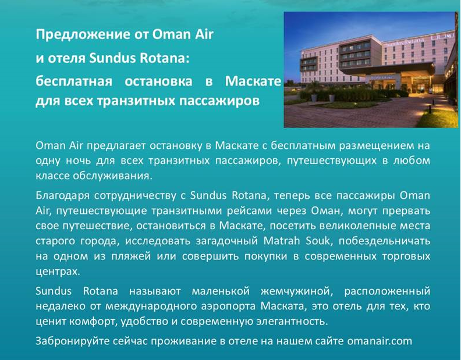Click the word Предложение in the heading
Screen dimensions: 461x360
click(83, 35)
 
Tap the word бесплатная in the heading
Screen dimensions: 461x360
click(74, 81)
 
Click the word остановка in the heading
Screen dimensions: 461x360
click(158, 81)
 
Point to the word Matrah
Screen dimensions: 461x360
click(282, 241)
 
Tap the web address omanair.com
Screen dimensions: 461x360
click(380, 341)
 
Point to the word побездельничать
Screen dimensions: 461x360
click(385, 241)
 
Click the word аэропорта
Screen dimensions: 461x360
click(228, 306)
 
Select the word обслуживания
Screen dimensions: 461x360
click(112, 176)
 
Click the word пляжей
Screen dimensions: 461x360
click(131, 256)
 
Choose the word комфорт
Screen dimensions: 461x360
click(94, 322)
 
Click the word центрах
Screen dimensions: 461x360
click(58, 272)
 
